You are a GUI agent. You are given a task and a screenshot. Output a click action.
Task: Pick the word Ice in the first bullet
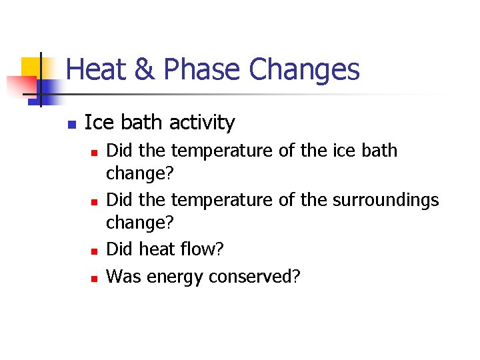(x=95, y=123)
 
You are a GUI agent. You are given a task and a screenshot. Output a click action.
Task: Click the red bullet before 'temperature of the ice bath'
(x=94, y=153)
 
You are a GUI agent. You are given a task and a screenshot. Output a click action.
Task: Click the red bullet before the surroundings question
(x=94, y=201)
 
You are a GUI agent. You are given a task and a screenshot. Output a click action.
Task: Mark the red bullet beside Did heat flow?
(x=94, y=251)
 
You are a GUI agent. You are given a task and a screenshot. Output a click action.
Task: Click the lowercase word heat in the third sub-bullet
(x=157, y=249)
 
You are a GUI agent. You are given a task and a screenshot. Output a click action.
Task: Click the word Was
(x=121, y=275)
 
